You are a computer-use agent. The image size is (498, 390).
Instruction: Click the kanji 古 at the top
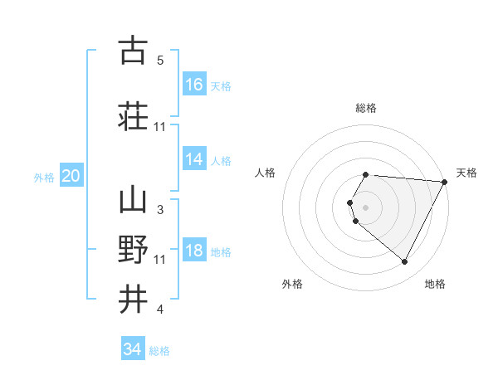pos(133,51)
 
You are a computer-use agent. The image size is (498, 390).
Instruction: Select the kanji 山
pos(133,201)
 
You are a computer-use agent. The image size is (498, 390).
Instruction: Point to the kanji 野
pos(133,250)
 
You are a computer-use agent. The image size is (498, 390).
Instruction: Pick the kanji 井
pos(133,298)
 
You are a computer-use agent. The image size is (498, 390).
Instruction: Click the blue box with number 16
pos(194,84)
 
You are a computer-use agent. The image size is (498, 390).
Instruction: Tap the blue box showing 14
pos(194,159)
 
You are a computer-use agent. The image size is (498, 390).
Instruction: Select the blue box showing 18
pos(194,251)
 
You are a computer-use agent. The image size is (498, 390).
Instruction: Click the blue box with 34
pos(133,349)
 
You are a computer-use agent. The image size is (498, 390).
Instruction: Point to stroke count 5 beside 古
pos(160,61)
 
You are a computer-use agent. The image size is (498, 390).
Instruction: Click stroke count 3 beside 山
pos(160,210)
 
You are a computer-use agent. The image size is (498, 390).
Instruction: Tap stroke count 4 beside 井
pos(160,310)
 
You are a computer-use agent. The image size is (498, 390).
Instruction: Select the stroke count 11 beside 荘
pos(160,126)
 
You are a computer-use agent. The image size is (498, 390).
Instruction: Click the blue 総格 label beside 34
pos(159,351)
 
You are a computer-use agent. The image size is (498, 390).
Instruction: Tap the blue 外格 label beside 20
pos(44,177)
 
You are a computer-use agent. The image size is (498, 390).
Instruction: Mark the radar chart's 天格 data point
pos(445,182)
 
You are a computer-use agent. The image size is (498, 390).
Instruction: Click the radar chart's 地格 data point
pos(405,262)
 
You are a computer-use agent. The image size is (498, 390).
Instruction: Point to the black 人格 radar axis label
pos(266,173)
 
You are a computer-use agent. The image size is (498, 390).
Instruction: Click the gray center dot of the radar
pos(365,207)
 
